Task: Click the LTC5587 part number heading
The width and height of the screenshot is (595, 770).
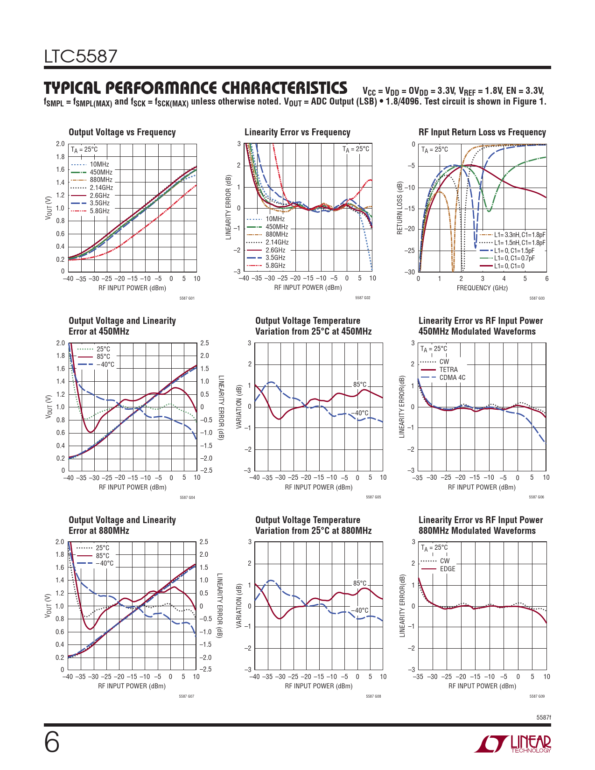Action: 81,56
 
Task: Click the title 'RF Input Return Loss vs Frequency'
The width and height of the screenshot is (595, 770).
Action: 482,132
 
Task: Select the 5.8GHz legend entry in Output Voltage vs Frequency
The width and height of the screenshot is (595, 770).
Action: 99,211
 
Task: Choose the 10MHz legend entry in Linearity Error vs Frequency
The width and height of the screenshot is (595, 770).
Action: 275,219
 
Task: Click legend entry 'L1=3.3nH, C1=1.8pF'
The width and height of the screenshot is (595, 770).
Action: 519,235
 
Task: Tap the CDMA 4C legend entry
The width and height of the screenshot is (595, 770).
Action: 452,378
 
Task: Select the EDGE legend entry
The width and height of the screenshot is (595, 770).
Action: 447,569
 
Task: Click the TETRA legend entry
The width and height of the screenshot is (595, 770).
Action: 448,370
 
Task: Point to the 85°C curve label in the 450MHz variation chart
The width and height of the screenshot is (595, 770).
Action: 360,385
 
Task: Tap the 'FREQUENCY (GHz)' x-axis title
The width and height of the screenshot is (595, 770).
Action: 482,288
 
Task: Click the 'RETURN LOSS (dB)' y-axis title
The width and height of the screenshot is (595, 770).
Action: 400,208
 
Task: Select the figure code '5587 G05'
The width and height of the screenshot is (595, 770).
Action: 373,497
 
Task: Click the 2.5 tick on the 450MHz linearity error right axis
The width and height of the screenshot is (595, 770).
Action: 204,343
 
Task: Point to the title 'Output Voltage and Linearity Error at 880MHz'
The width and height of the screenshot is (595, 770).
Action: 122,525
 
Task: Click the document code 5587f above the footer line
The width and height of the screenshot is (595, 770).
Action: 544,717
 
